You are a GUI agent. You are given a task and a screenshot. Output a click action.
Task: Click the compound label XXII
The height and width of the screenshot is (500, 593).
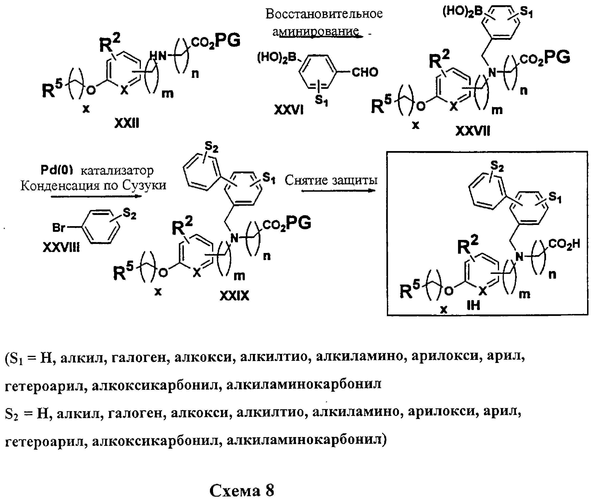pos(126,123)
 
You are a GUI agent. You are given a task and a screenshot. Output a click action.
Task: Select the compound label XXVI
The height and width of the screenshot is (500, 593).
pos(289,110)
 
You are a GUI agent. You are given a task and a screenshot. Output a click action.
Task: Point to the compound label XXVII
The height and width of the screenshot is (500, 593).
pos(473,131)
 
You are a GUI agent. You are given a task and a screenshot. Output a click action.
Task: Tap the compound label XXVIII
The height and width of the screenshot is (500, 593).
pos(61,248)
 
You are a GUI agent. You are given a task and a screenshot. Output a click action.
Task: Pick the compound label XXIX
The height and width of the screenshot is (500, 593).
pos(234,296)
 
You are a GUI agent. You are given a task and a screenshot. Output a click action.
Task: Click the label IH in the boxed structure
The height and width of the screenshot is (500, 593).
pos(473,305)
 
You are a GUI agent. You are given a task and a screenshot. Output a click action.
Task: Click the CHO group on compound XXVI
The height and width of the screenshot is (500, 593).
pos(365,72)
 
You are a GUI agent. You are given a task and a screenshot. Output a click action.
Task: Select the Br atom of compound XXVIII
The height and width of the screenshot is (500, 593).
pos(59,227)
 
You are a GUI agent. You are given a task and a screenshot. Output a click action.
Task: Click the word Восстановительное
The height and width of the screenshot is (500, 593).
pos(324,14)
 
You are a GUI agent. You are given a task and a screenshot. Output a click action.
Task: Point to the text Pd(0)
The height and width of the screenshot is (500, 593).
pos(57,170)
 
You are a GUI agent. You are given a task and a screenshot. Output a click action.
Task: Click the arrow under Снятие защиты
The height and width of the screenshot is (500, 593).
pos(338,190)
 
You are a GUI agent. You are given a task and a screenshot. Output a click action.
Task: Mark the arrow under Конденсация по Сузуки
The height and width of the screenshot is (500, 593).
pos(96,196)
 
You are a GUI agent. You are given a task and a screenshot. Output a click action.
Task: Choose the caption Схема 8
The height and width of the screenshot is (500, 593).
pos(242,490)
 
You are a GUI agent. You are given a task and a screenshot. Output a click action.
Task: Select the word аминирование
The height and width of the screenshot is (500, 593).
pos(316,31)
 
